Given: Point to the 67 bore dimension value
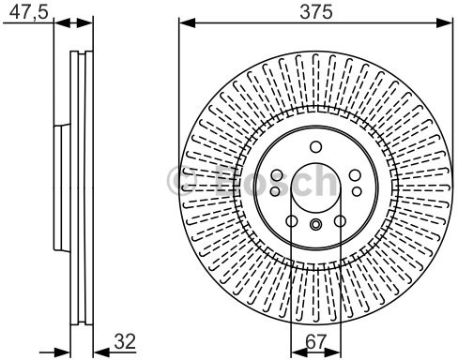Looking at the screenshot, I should pyautogui.click(x=314, y=343).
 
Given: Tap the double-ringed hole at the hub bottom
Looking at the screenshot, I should pyautogui.click(x=315, y=223).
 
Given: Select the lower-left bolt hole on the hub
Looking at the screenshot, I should pyautogui.click(x=291, y=222).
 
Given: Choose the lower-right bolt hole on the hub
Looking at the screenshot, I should pyautogui.click(x=340, y=222).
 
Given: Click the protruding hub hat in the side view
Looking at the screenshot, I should pyautogui.click(x=59, y=187).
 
